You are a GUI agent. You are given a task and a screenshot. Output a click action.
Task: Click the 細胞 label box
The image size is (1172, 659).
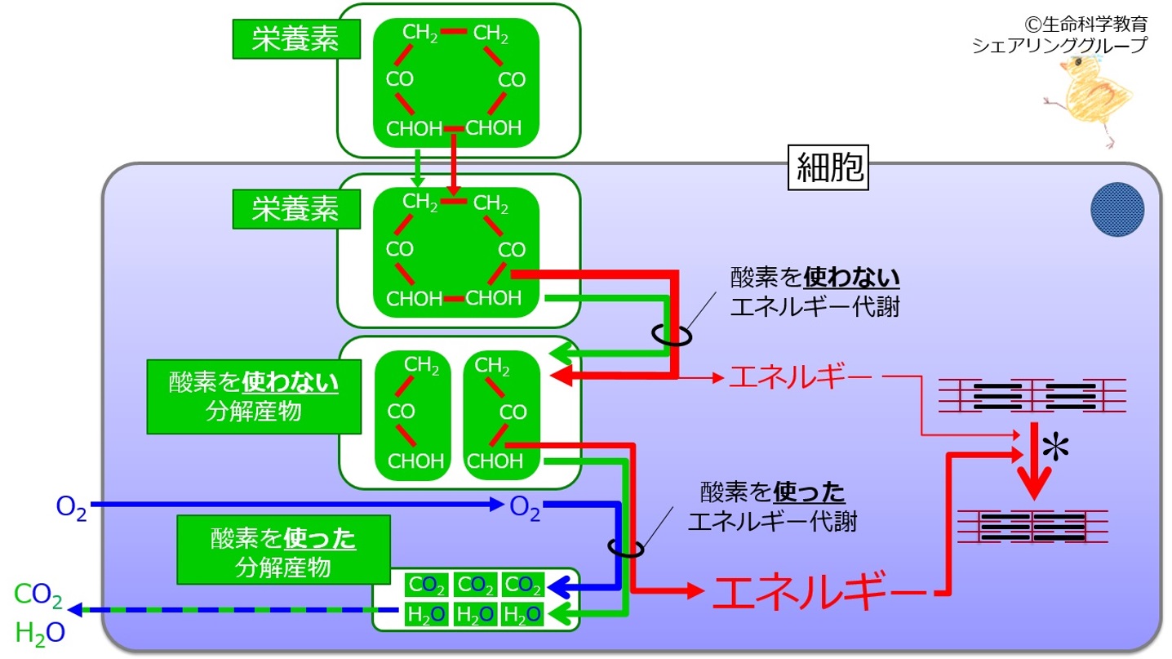point(828,167)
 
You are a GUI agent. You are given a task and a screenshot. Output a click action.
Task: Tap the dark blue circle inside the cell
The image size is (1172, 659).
point(1117,209)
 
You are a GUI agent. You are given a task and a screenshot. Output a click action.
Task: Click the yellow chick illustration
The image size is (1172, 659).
point(1091,100)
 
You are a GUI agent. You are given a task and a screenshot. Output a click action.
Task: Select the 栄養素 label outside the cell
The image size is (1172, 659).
point(296,38)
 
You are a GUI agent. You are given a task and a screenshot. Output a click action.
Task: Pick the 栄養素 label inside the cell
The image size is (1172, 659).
point(296,209)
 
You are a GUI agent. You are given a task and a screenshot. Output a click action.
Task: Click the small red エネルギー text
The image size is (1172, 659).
point(800,376)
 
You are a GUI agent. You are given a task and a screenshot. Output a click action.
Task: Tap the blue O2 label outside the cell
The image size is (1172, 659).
point(71,507)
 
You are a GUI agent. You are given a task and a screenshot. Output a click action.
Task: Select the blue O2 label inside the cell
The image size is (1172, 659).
point(524,507)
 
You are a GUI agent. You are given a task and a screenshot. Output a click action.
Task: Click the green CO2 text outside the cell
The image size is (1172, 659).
point(38,595)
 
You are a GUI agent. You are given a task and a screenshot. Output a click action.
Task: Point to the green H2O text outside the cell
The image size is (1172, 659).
point(40,634)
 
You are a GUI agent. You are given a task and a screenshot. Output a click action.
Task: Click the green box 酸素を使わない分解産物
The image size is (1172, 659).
point(254,397)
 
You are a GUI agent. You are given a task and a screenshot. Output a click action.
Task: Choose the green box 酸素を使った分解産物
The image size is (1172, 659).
point(283,550)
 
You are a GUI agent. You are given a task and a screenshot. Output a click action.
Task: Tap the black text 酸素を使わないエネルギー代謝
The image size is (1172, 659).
point(815,292)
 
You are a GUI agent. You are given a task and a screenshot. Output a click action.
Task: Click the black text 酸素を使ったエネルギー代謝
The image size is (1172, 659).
point(772,506)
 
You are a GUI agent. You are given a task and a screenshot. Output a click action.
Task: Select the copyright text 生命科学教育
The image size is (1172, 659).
point(1085,24)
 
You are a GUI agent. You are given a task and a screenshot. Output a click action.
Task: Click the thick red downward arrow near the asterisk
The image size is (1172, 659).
point(1034,461)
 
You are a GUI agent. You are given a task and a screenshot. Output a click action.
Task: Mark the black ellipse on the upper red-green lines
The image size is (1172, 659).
point(672,335)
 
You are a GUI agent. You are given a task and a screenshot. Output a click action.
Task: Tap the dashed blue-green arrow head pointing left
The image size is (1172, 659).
point(75,610)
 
